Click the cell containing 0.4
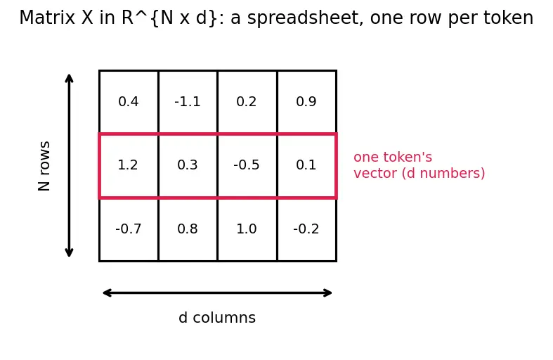coord(129,103)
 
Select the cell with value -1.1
coord(188,103)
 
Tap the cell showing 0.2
coord(247,103)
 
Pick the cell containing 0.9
coord(307,103)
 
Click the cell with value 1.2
coord(129,166)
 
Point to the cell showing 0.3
coord(188,166)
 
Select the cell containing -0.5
coord(247,166)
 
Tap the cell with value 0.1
coord(307,166)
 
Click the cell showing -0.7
coord(129,229)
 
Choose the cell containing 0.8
coord(188,229)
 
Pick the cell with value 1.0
coord(247,229)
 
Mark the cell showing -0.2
coord(307,229)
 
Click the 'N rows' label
coord(44,166)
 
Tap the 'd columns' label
coord(217,317)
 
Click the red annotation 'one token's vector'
coord(419,165)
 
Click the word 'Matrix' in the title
coord(47,18)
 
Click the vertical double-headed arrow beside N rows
coord(69,165)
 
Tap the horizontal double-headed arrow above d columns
coord(217,293)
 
